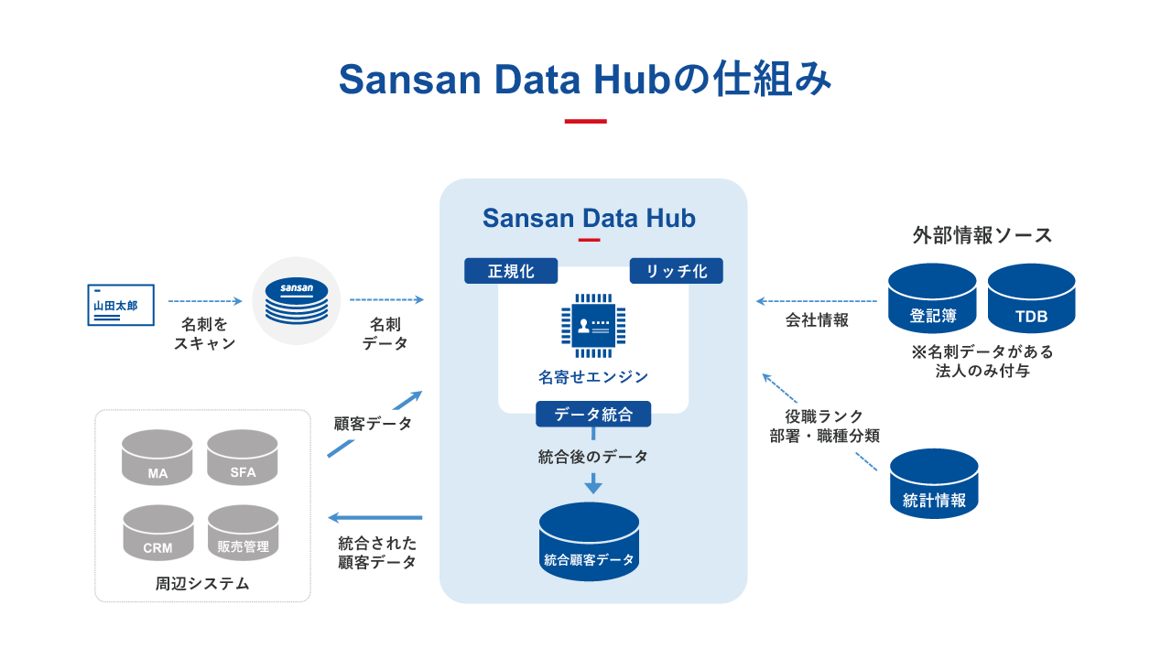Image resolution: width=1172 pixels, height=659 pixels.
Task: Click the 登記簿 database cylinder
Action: [x=932, y=298]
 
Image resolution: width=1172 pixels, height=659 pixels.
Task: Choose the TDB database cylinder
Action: [x=1031, y=298]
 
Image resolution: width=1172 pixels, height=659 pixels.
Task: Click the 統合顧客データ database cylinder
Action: [x=589, y=542]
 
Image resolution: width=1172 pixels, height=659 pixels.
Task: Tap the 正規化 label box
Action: [x=511, y=271]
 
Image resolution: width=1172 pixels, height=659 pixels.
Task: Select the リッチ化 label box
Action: [x=676, y=271]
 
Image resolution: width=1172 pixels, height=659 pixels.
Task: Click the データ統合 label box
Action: [x=593, y=414]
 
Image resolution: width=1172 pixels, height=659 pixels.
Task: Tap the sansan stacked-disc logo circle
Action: [x=296, y=301]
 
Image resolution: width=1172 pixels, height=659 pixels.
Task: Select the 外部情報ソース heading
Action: [x=982, y=235]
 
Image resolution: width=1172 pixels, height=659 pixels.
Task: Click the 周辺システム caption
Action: [x=202, y=583]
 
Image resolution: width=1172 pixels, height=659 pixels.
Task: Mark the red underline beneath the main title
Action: [x=586, y=121]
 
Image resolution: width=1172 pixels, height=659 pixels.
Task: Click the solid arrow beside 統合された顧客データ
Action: [x=375, y=518]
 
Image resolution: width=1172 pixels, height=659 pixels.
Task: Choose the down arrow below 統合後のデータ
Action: [x=593, y=483]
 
